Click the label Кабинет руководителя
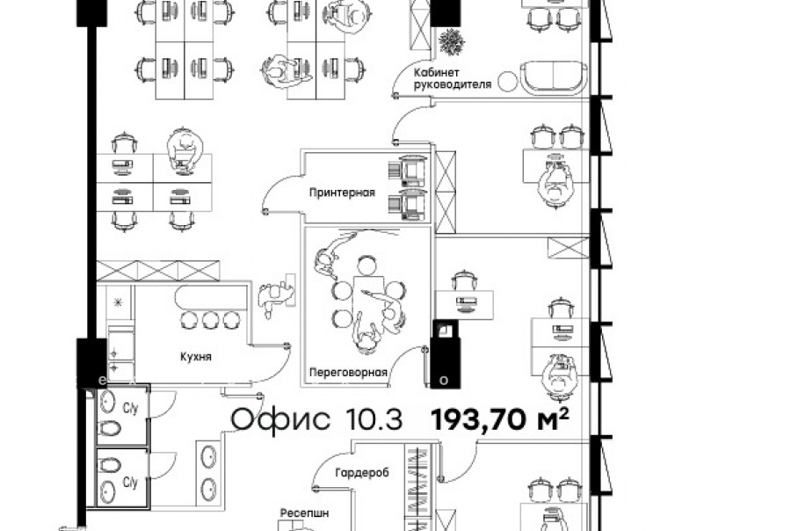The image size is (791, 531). (453, 79)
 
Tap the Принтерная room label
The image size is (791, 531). (342, 193)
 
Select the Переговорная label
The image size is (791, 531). (348, 373)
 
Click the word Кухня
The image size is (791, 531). (196, 357)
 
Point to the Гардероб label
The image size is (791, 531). (362, 473)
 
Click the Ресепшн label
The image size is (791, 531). (304, 513)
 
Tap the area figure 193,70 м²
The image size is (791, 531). (500, 419)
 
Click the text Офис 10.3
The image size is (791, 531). (316, 419)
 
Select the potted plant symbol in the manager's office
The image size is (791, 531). (452, 41)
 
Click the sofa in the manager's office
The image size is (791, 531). (554, 78)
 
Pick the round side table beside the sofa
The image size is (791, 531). (507, 81)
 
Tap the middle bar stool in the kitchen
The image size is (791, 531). (210, 320)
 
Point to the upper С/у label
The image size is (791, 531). (130, 408)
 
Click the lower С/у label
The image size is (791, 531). (130, 483)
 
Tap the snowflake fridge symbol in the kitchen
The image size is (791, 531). (119, 302)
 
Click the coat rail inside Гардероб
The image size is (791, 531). (418, 484)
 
